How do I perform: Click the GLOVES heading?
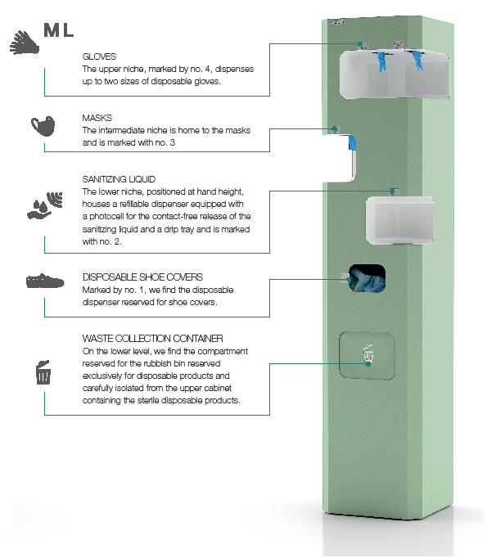(x=99, y=56)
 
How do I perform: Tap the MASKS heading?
(x=97, y=118)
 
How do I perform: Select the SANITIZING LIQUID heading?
(x=119, y=179)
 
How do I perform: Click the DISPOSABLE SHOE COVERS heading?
(x=142, y=277)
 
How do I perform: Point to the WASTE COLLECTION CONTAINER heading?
(x=153, y=339)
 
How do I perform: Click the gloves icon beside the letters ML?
(x=25, y=43)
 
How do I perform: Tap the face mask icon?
(x=43, y=126)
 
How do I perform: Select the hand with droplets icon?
(x=45, y=205)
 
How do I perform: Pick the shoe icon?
(x=45, y=281)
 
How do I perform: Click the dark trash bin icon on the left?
(x=43, y=372)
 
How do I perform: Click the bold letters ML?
(x=59, y=30)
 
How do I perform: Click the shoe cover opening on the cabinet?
(x=367, y=278)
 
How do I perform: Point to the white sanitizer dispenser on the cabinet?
(x=399, y=220)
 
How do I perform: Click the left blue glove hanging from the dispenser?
(x=381, y=61)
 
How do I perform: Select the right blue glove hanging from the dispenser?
(x=417, y=61)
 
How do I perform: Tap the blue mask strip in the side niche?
(x=352, y=142)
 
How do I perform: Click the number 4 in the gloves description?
(x=208, y=69)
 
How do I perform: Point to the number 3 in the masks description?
(x=173, y=142)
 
